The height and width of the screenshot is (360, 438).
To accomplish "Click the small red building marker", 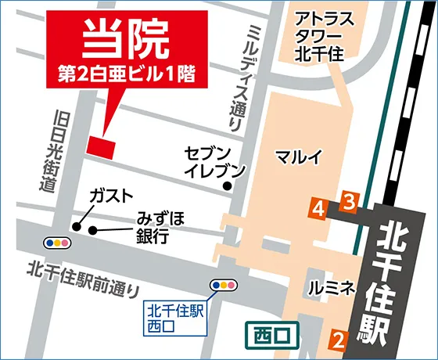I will pyautogui.click(x=101, y=146).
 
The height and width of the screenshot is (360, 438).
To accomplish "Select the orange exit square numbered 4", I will pyautogui.click(x=318, y=208).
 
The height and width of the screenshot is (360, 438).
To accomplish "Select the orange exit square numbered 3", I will pyautogui.click(x=350, y=200).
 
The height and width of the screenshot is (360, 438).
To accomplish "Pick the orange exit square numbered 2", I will pyautogui.click(x=338, y=339).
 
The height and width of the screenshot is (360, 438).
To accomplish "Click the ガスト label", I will pyautogui.click(x=110, y=196).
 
